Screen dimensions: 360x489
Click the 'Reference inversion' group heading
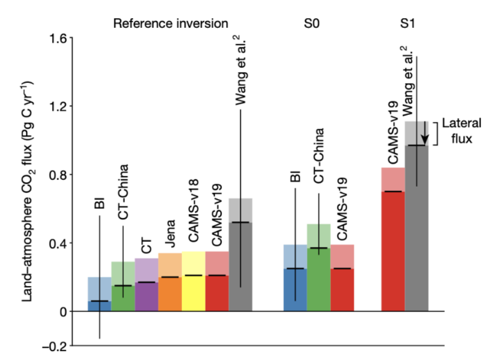point(170,23)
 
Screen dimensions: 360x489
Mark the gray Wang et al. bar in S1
point(417,224)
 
